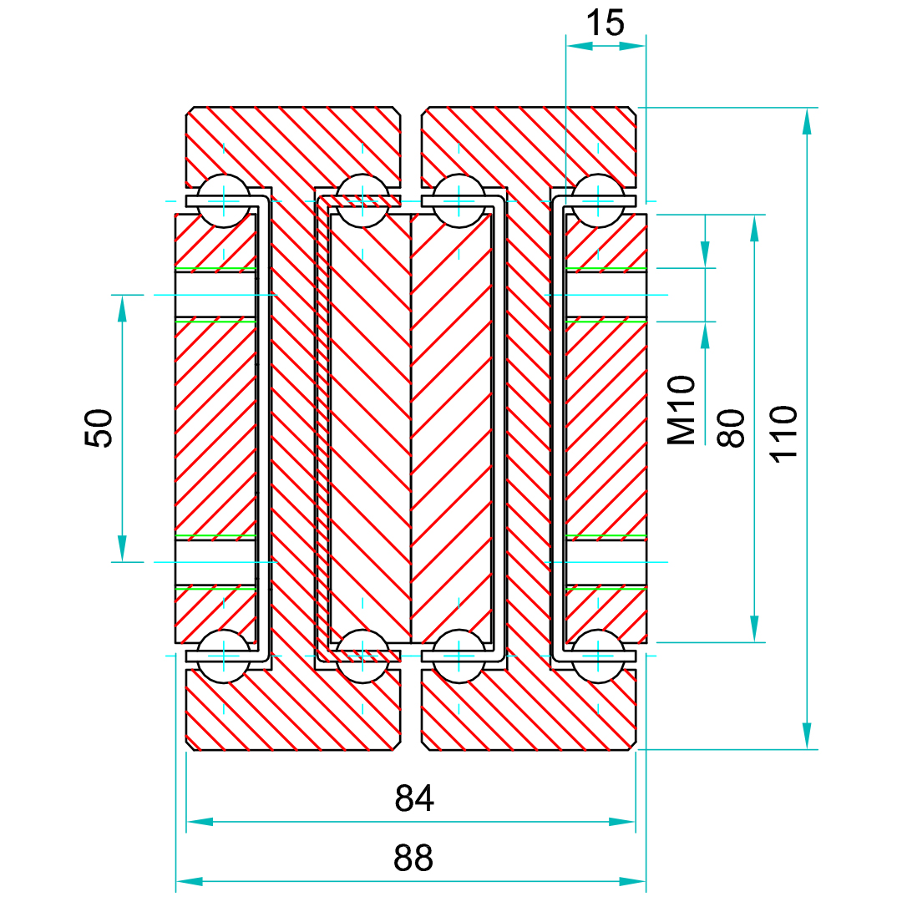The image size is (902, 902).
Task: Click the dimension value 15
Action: (x=605, y=23)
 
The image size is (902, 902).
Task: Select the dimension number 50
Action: (x=99, y=428)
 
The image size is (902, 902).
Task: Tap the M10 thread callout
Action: (x=681, y=410)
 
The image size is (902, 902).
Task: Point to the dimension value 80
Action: (x=731, y=428)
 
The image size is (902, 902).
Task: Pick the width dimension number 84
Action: (x=414, y=799)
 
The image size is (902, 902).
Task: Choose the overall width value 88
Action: (x=414, y=858)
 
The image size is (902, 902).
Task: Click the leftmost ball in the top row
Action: (x=223, y=200)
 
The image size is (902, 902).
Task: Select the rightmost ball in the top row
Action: (x=598, y=200)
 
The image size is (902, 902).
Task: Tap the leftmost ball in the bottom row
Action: (x=223, y=656)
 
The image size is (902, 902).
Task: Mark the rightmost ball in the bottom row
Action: (x=598, y=656)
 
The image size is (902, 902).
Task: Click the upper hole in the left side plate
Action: (x=215, y=295)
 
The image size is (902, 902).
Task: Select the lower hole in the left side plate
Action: (x=215, y=561)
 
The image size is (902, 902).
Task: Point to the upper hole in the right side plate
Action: (x=606, y=295)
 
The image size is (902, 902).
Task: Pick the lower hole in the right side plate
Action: (x=606, y=561)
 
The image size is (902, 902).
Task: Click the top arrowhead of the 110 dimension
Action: (x=806, y=121)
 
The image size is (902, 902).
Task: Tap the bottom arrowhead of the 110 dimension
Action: (x=806, y=737)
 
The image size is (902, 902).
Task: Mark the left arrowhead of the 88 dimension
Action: (x=189, y=881)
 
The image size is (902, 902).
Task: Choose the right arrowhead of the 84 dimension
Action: (x=623, y=822)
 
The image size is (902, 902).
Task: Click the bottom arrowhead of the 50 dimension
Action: (x=122, y=549)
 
